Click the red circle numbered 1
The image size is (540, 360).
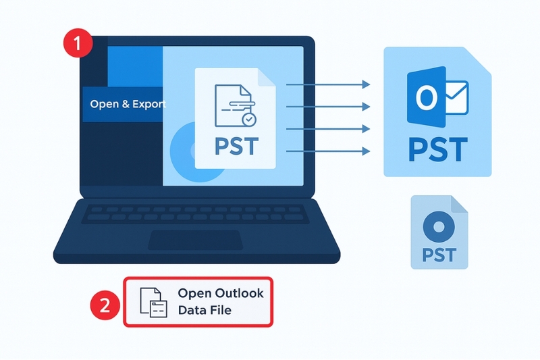tap(76, 45)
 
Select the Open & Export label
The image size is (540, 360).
tap(128, 105)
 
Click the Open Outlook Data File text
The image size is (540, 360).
tap(221, 302)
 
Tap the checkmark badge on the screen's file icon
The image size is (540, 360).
tap(249, 120)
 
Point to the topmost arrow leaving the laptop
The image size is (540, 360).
tap(329, 84)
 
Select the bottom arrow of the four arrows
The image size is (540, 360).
tap(329, 151)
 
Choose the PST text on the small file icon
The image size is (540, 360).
tap(439, 255)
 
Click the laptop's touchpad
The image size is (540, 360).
tap(195, 239)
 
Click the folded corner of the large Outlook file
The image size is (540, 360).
tap(476, 59)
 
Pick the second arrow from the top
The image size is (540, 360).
tap(329, 106)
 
